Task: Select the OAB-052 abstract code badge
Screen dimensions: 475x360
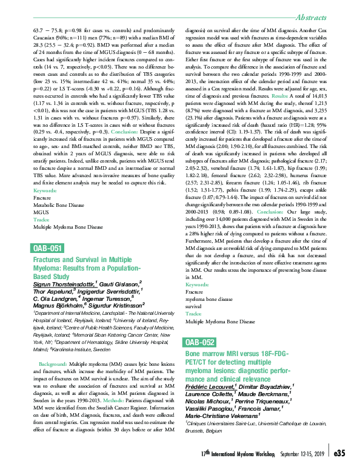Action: (x=199, y=343)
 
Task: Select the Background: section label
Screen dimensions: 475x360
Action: (x=53, y=363)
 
